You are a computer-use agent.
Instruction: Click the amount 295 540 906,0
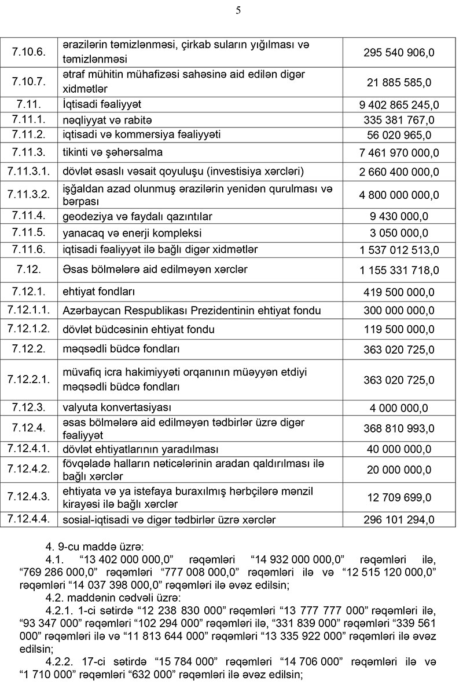coord(399,53)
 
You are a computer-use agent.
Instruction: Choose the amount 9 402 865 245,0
coord(399,105)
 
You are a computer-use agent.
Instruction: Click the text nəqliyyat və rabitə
coord(107,120)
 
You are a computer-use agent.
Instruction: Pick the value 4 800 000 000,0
coord(399,195)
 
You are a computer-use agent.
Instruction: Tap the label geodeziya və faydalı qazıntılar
coord(138,217)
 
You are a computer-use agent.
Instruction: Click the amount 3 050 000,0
coord(399,233)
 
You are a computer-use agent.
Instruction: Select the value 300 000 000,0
coord(399,311)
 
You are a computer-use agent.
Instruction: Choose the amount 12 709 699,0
coord(399,497)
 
